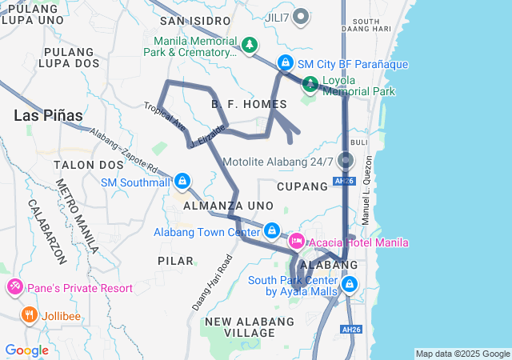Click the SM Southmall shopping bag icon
click(x=183, y=182)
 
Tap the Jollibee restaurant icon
click(x=30, y=315)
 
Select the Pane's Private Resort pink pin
click(x=14, y=286)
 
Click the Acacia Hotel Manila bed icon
click(x=297, y=241)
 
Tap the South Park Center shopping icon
click(x=350, y=284)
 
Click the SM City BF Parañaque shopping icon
click(x=285, y=62)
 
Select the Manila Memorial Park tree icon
click(x=250, y=44)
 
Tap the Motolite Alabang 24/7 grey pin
click(x=346, y=160)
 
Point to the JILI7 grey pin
click(x=301, y=15)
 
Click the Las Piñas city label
click(x=48, y=115)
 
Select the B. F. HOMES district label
click(x=249, y=104)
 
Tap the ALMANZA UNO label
click(x=229, y=206)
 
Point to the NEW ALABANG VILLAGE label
click(x=250, y=326)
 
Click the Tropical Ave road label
click(x=165, y=117)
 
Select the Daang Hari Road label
click(x=212, y=282)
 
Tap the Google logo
click(x=26, y=350)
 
